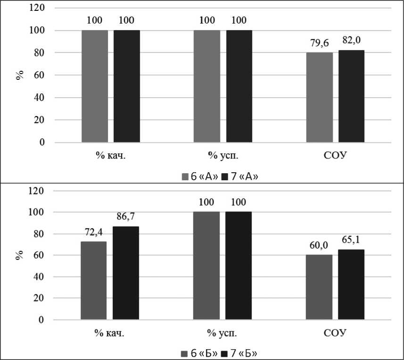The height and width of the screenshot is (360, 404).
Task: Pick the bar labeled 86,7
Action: pos(126,273)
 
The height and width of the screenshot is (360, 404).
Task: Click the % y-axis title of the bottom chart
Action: pos(20,255)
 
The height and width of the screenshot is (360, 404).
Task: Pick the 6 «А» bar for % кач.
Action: pos(94,86)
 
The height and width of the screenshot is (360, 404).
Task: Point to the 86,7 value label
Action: pos(126,218)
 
